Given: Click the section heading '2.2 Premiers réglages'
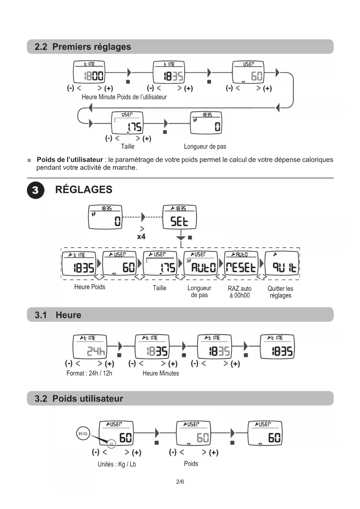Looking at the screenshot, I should tap(83, 47).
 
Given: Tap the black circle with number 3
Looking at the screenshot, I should tap(35, 190).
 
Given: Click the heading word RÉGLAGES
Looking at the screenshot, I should tap(84, 189).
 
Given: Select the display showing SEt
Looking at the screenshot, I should tap(179, 217).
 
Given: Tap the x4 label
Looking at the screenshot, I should tap(141, 237).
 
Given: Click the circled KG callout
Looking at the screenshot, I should tap(83, 433).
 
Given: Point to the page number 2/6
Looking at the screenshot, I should tap(180, 482).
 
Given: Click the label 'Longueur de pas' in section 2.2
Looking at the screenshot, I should tap(205, 147).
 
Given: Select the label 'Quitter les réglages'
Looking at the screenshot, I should tap(280, 292).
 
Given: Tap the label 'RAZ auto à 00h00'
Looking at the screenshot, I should tap(240, 292).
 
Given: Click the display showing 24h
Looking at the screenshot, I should tap(90, 347).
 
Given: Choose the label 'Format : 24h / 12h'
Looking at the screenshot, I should tap(89, 373).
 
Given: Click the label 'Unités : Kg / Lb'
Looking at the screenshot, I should tap(117, 464).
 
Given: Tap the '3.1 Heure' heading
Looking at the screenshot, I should tap(58, 315).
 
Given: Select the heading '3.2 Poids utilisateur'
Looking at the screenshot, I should tap(79, 398).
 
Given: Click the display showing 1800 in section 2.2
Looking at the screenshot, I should tap(89, 72).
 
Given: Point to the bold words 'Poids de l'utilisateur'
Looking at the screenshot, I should tap(70, 160).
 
